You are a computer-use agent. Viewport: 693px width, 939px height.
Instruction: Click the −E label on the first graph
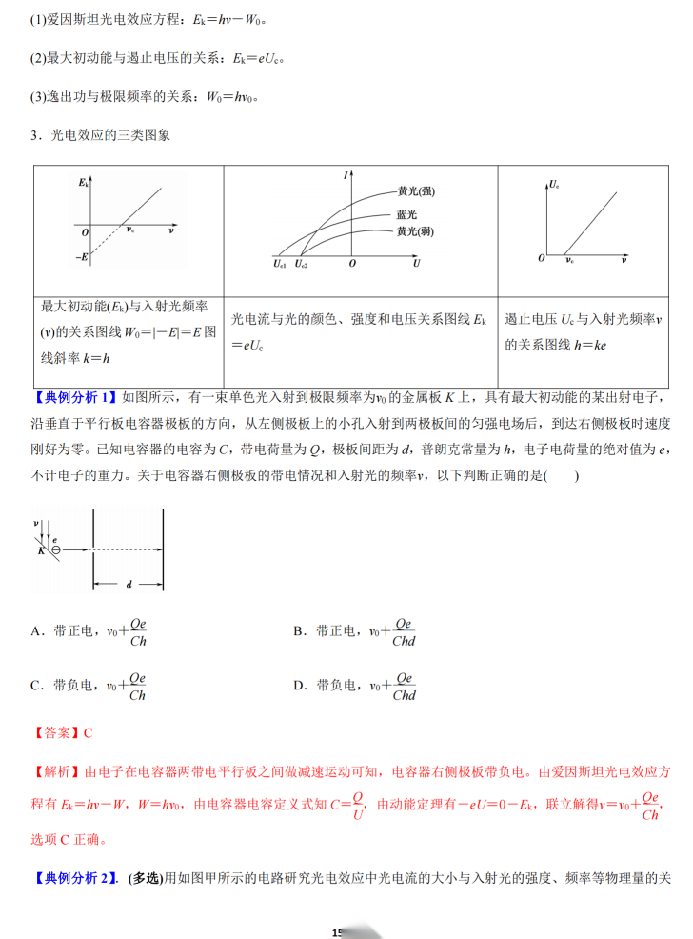(83, 258)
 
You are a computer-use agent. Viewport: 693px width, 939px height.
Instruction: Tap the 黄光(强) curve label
(415, 191)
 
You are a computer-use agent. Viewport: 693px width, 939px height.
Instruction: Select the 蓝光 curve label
(406, 214)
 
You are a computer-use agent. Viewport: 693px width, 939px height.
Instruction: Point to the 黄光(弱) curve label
(415, 231)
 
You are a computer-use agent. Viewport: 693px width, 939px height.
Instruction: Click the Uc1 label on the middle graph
(279, 264)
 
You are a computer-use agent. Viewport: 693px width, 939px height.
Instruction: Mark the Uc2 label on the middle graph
(302, 264)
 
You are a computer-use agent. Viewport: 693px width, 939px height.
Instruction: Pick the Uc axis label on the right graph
(555, 181)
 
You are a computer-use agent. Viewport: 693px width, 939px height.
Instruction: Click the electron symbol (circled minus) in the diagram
(56, 549)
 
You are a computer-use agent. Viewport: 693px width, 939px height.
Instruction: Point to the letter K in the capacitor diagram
(42, 550)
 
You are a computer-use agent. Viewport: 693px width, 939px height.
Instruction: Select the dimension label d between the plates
(129, 584)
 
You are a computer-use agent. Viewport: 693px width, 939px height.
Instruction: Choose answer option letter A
(36, 631)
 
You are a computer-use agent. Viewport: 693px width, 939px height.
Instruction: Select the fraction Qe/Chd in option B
(404, 631)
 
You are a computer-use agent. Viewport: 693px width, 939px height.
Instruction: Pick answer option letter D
(299, 686)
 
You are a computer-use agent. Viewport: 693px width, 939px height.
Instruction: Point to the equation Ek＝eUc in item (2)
(260, 59)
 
